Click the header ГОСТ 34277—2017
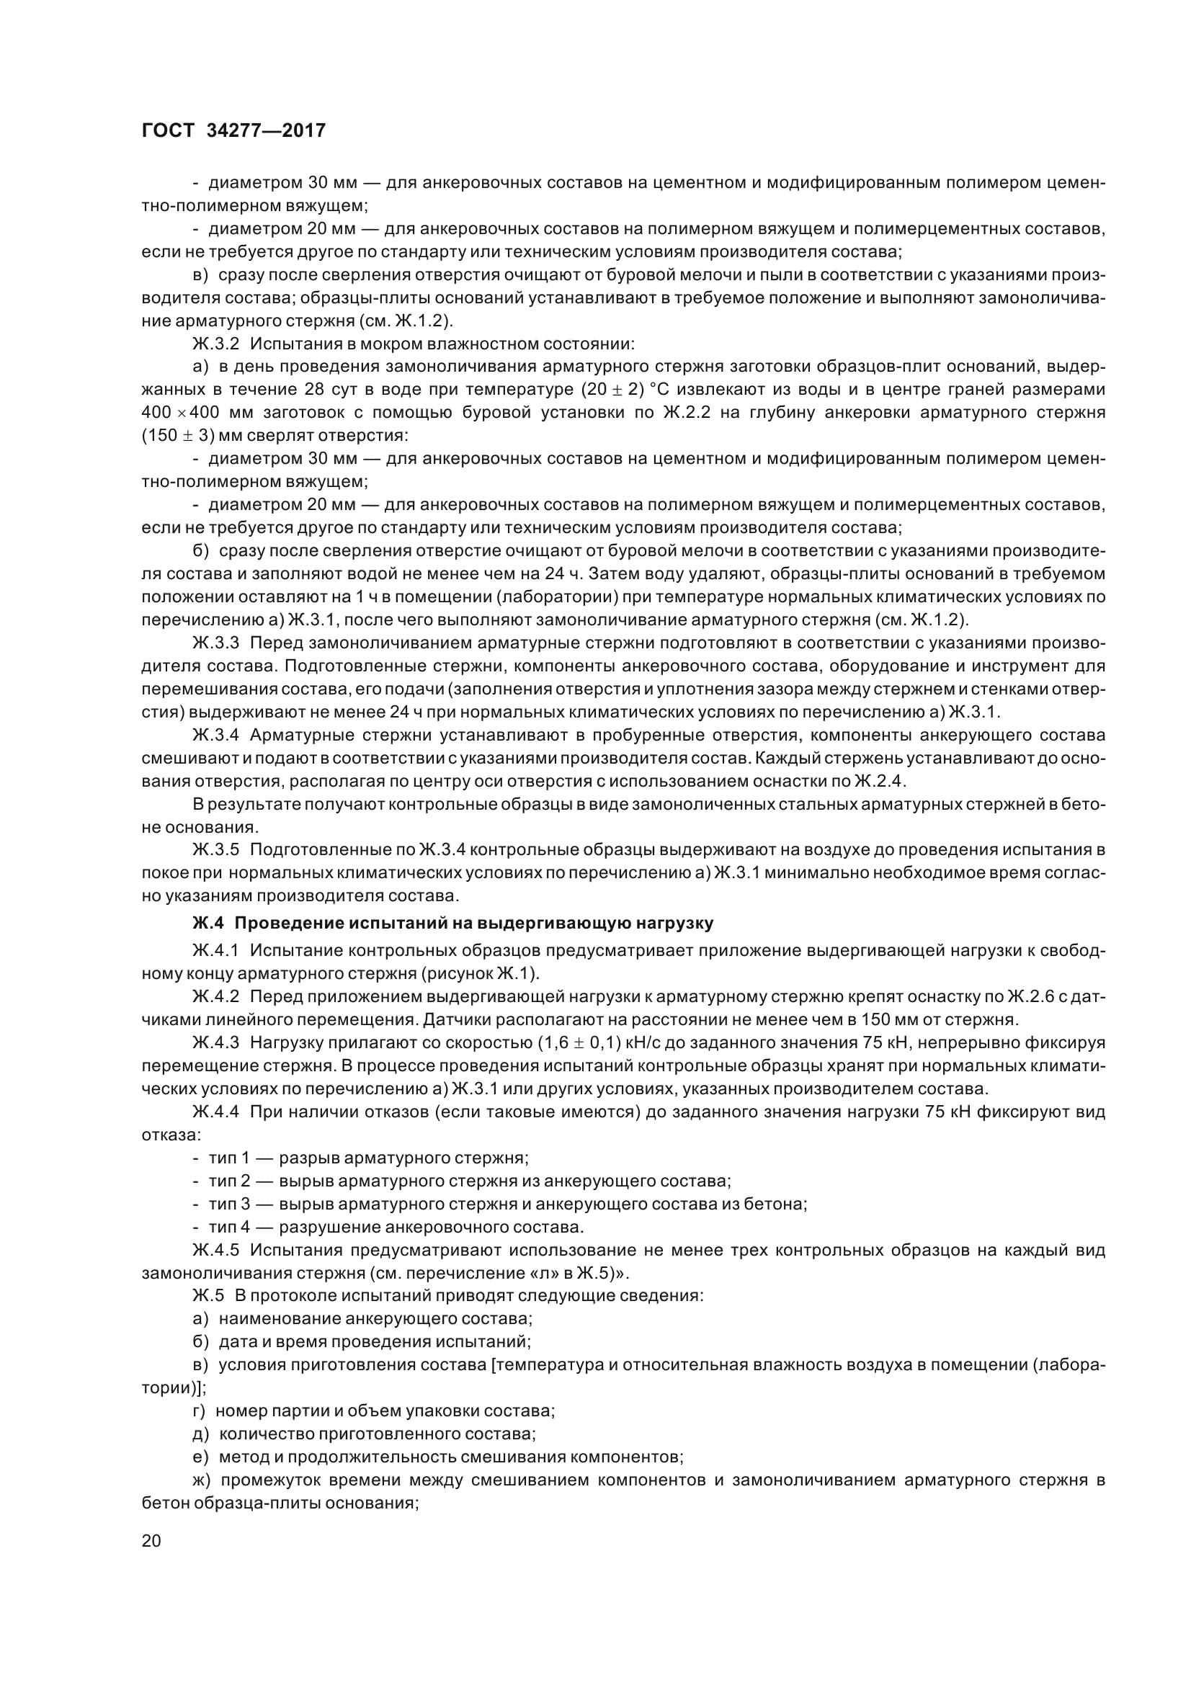click(x=233, y=130)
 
